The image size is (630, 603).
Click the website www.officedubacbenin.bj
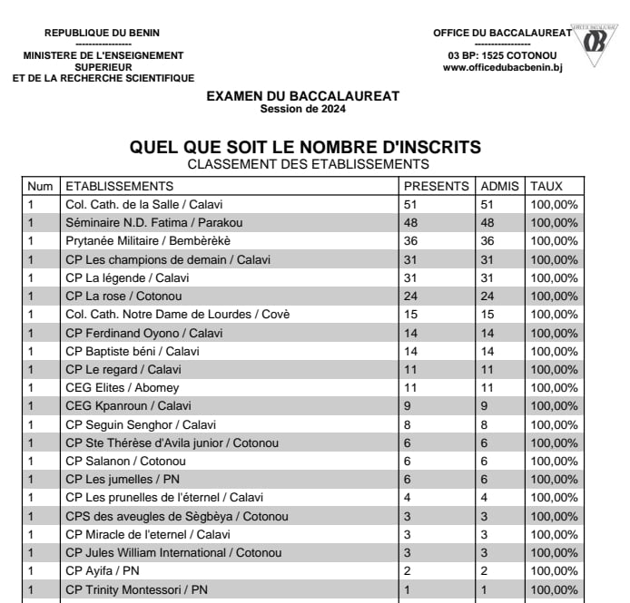(x=502, y=68)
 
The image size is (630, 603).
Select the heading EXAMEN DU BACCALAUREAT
(x=302, y=96)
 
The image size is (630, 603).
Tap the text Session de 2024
(x=302, y=109)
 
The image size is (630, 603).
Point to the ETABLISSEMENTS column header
(x=119, y=186)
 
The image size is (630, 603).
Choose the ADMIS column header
(x=499, y=186)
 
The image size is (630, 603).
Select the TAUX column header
(x=546, y=186)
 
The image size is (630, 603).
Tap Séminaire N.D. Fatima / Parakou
(x=153, y=222)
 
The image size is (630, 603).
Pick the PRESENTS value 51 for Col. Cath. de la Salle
(x=410, y=204)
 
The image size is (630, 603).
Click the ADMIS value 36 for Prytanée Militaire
(x=487, y=241)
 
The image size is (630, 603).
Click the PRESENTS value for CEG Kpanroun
(x=408, y=405)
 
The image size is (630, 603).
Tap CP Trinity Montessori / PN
(x=136, y=589)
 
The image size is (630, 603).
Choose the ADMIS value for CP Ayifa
(x=485, y=570)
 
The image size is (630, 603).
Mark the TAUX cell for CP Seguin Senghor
(x=554, y=423)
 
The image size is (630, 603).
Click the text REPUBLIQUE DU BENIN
(x=102, y=34)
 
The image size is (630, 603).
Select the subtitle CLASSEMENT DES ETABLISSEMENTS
(x=307, y=164)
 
